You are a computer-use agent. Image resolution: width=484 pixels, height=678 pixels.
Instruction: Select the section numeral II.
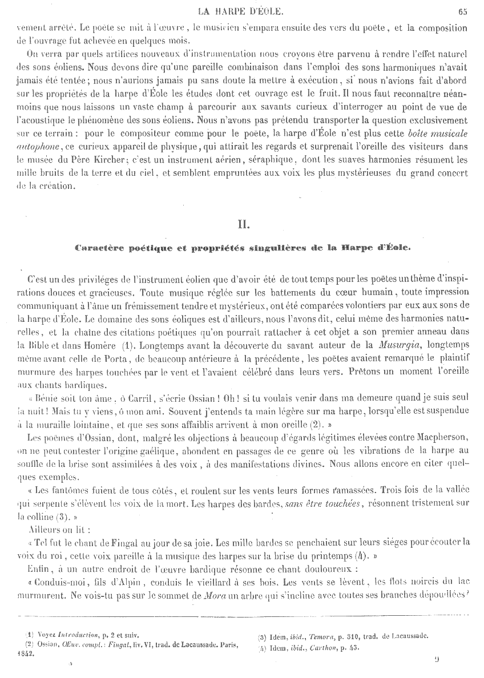point(243,224)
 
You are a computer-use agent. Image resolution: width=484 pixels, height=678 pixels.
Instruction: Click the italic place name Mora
point(200,594)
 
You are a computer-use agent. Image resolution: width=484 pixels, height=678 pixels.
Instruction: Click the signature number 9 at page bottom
point(436,660)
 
